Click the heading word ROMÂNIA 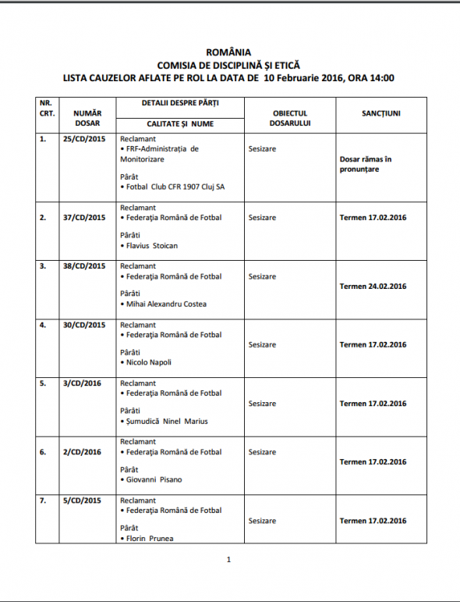[x=230, y=54]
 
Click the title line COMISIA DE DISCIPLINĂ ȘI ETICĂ [x=229, y=66]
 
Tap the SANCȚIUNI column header [x=381, y=113]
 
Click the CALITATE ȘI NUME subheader [x=180, y=124]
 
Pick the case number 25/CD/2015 [x=83, y=139]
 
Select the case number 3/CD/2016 [x=82, y=383]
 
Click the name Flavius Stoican [x=152, y=245]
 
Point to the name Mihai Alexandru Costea [x=166, y=304]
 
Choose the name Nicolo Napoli [x=149, y=362]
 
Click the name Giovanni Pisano [x=154, y=479]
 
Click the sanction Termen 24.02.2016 [x=373, y=287]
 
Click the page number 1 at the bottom [x=228, y=560]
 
